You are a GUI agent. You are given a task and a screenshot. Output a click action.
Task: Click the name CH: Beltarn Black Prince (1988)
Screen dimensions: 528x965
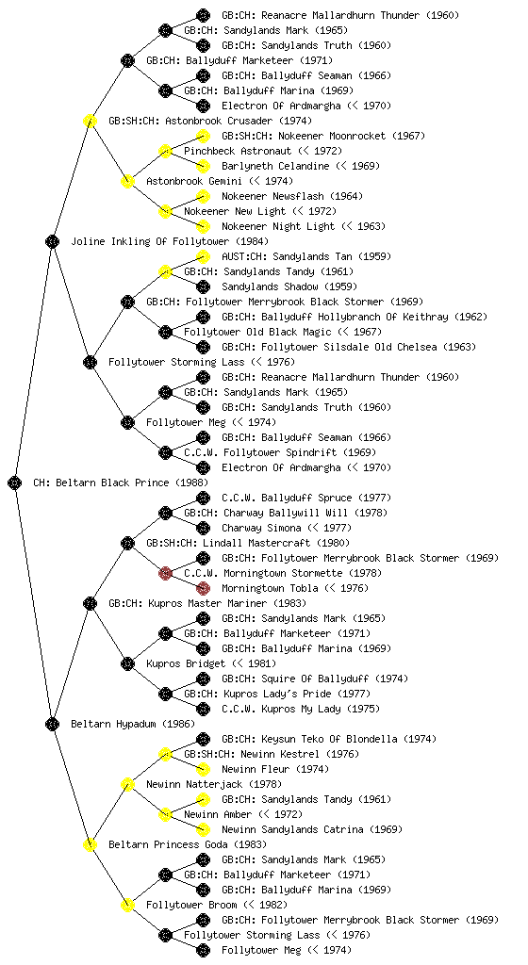(121, 482)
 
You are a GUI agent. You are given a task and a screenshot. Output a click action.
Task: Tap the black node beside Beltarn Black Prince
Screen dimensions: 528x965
(15, 482)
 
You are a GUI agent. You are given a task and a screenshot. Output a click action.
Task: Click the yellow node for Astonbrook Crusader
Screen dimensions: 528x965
(90, 121)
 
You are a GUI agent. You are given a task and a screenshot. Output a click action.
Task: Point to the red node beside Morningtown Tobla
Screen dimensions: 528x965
(203, 588)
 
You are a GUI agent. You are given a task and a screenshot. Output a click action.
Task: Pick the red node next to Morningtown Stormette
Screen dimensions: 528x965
(165, 573)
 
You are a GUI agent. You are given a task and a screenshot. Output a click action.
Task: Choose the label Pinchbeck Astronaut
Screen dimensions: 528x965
(238, 151)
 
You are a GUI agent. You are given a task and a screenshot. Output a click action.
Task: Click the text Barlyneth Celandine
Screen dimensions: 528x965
(275, 166)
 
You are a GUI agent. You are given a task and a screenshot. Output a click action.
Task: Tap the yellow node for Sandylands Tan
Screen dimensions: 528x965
(203, 256)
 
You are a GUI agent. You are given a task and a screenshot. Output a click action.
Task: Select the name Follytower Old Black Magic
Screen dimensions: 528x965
(257, 332)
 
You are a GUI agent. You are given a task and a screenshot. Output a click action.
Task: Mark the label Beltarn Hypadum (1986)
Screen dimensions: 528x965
(133, 724)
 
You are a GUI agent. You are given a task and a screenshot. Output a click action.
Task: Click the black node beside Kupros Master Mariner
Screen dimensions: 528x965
(90, 603)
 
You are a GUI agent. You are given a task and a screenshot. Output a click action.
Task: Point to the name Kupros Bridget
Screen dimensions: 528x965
(185, 663)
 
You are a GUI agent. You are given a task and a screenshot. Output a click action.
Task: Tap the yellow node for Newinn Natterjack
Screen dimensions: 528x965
(127, 784)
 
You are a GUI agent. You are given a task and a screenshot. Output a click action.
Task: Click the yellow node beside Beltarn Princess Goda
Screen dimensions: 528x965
(90, 844)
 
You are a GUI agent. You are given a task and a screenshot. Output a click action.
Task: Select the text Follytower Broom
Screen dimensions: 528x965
(191, 905)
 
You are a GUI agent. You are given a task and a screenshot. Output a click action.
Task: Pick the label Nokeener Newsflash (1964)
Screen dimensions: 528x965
(292, 196)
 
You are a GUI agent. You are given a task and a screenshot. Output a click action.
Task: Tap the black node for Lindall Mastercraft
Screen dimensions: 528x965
(127, 543)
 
